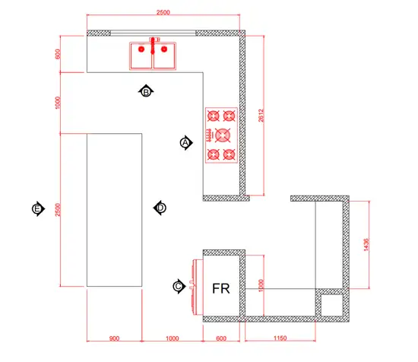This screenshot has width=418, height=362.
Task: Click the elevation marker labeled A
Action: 185,143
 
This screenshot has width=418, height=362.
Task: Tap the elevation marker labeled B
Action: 146,92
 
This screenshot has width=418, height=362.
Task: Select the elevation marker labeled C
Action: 179,287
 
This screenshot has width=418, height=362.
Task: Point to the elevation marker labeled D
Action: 160,208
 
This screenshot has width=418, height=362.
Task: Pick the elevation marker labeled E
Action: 38,209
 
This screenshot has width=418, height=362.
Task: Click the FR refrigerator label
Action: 220,288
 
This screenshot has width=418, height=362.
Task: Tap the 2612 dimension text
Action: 261,116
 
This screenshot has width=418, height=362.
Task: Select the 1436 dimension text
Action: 366,245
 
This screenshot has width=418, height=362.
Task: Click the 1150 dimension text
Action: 280,338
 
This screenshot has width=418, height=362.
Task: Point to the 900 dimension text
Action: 114,338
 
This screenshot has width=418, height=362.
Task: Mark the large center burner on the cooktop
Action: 223,135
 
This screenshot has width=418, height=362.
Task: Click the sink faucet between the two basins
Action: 153,46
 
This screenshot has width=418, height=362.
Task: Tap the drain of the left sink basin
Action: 141,49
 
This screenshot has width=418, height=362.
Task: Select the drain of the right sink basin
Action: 164,49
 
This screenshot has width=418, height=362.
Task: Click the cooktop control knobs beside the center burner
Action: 210,135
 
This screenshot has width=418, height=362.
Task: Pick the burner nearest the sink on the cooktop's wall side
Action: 229,116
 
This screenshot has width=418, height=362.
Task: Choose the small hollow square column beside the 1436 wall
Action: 332,305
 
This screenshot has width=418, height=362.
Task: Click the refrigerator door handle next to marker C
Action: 191,284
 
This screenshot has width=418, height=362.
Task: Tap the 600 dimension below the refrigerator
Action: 221,338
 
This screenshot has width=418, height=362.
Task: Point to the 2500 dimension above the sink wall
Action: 163,12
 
